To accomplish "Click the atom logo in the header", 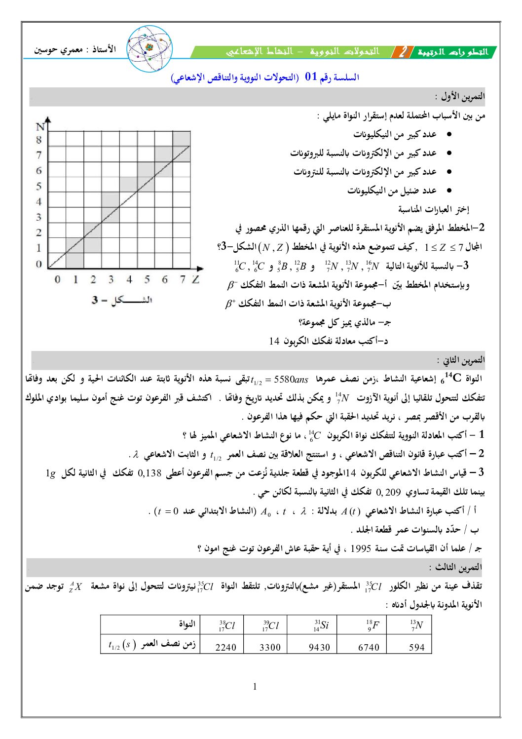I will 150,48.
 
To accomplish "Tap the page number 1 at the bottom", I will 255,686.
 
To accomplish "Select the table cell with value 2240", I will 225,647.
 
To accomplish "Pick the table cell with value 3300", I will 270,647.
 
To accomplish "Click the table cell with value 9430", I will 319,647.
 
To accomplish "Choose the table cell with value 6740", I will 368,647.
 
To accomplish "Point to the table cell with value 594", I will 416,647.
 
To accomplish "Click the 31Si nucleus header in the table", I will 320,625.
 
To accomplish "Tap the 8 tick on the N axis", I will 39,140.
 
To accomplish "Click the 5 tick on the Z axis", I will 147,280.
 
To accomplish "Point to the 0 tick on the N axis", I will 39,264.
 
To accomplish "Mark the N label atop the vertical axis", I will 40,127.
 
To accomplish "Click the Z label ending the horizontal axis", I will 196,279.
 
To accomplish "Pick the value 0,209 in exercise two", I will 388,492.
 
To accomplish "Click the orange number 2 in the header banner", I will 404,52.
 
